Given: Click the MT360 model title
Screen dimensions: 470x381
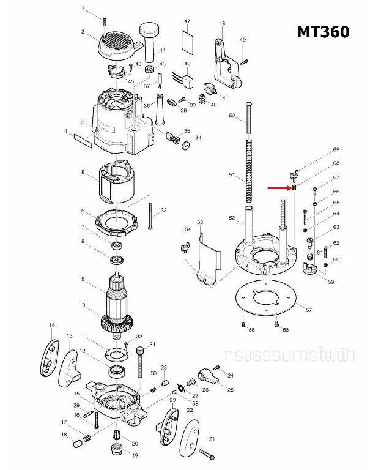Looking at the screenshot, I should [x=323, y=32].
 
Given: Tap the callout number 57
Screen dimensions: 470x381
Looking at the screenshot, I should [x=308, y=310].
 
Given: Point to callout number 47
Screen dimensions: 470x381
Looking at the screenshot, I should [x=187, y=21].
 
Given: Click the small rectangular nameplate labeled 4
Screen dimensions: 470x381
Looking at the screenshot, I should [x=83, y=143].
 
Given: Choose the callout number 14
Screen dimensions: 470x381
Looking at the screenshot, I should [x=52, y=325].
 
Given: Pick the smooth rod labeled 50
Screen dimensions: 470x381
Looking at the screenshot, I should [x=250, y=120].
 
